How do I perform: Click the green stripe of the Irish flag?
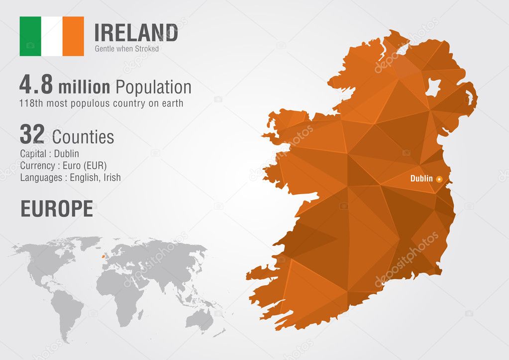(x=30, y=36)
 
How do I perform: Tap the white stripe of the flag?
(x=52, y=36)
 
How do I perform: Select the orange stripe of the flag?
(x=73, y=36)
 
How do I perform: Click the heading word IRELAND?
(x=136, y=33)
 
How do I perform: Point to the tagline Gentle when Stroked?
(x=127, y=49)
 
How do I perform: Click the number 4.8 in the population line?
(x=36, y=86)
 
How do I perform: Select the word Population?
(x=153, y=87)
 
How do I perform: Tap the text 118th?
(x=32, y=104)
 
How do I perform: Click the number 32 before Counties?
(x=32, y=134)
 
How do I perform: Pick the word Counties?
(x=83, y=136)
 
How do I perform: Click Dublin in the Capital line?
(x=66, y=154)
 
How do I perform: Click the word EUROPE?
(x=56, y=209)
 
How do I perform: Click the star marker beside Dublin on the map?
(x=439, y=179)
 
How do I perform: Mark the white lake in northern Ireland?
(x=432, y=88)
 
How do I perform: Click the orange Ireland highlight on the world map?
(x=103, y=257)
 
